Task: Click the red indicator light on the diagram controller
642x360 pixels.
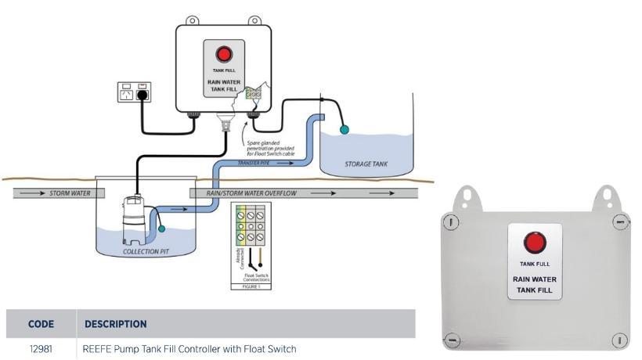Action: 225,54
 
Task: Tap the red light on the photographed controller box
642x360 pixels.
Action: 536,243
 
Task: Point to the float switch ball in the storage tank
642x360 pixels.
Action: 344,129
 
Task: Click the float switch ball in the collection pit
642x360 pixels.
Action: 161,228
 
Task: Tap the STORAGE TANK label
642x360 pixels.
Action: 366,164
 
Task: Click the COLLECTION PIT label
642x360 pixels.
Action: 146,252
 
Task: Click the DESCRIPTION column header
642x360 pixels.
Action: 115,323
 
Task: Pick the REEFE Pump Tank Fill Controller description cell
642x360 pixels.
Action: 189,348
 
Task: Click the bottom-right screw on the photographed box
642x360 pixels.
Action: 620,340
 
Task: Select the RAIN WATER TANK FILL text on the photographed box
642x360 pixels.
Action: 534,284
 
